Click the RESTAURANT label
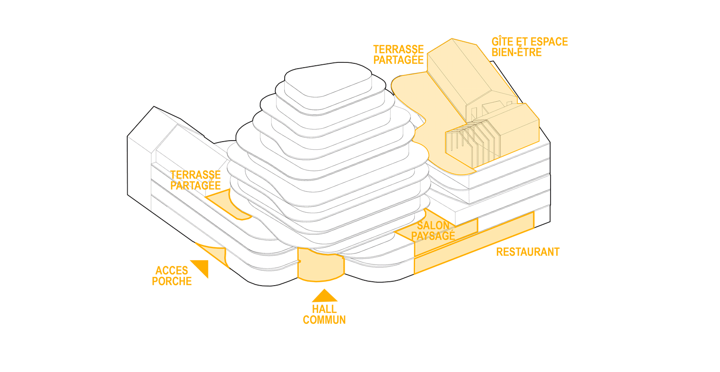(528, 252)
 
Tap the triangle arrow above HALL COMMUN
(324, 296)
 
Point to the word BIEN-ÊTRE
(516, 52)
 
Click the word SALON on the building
(433, 226)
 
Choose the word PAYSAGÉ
(433, 236)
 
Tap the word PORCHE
(172, 281)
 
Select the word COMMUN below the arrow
(324, 320)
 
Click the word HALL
(324, 309)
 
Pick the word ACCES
(172, 271)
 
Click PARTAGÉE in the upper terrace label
(398, 60)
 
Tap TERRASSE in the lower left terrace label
(195, 175)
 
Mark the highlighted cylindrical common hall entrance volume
(321, 265)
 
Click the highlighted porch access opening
(214, 254)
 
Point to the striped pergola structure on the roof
(472, 143)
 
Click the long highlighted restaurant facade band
(474, 243)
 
